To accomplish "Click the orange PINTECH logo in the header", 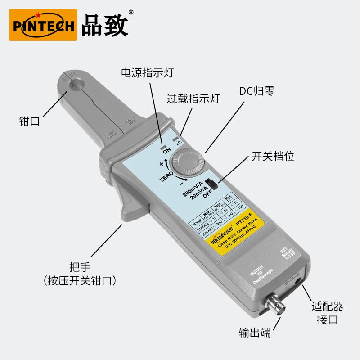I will click(x=43, y=25).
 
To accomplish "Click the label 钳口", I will click(x=30, y=121).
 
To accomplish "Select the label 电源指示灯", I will click(x=147, y=73).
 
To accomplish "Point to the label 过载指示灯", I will click(x=193, y=99).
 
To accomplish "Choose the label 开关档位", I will click(x=273, y=156).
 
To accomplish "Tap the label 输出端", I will click(x=255, y=333).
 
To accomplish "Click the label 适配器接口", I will click(x=328, y=313).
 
